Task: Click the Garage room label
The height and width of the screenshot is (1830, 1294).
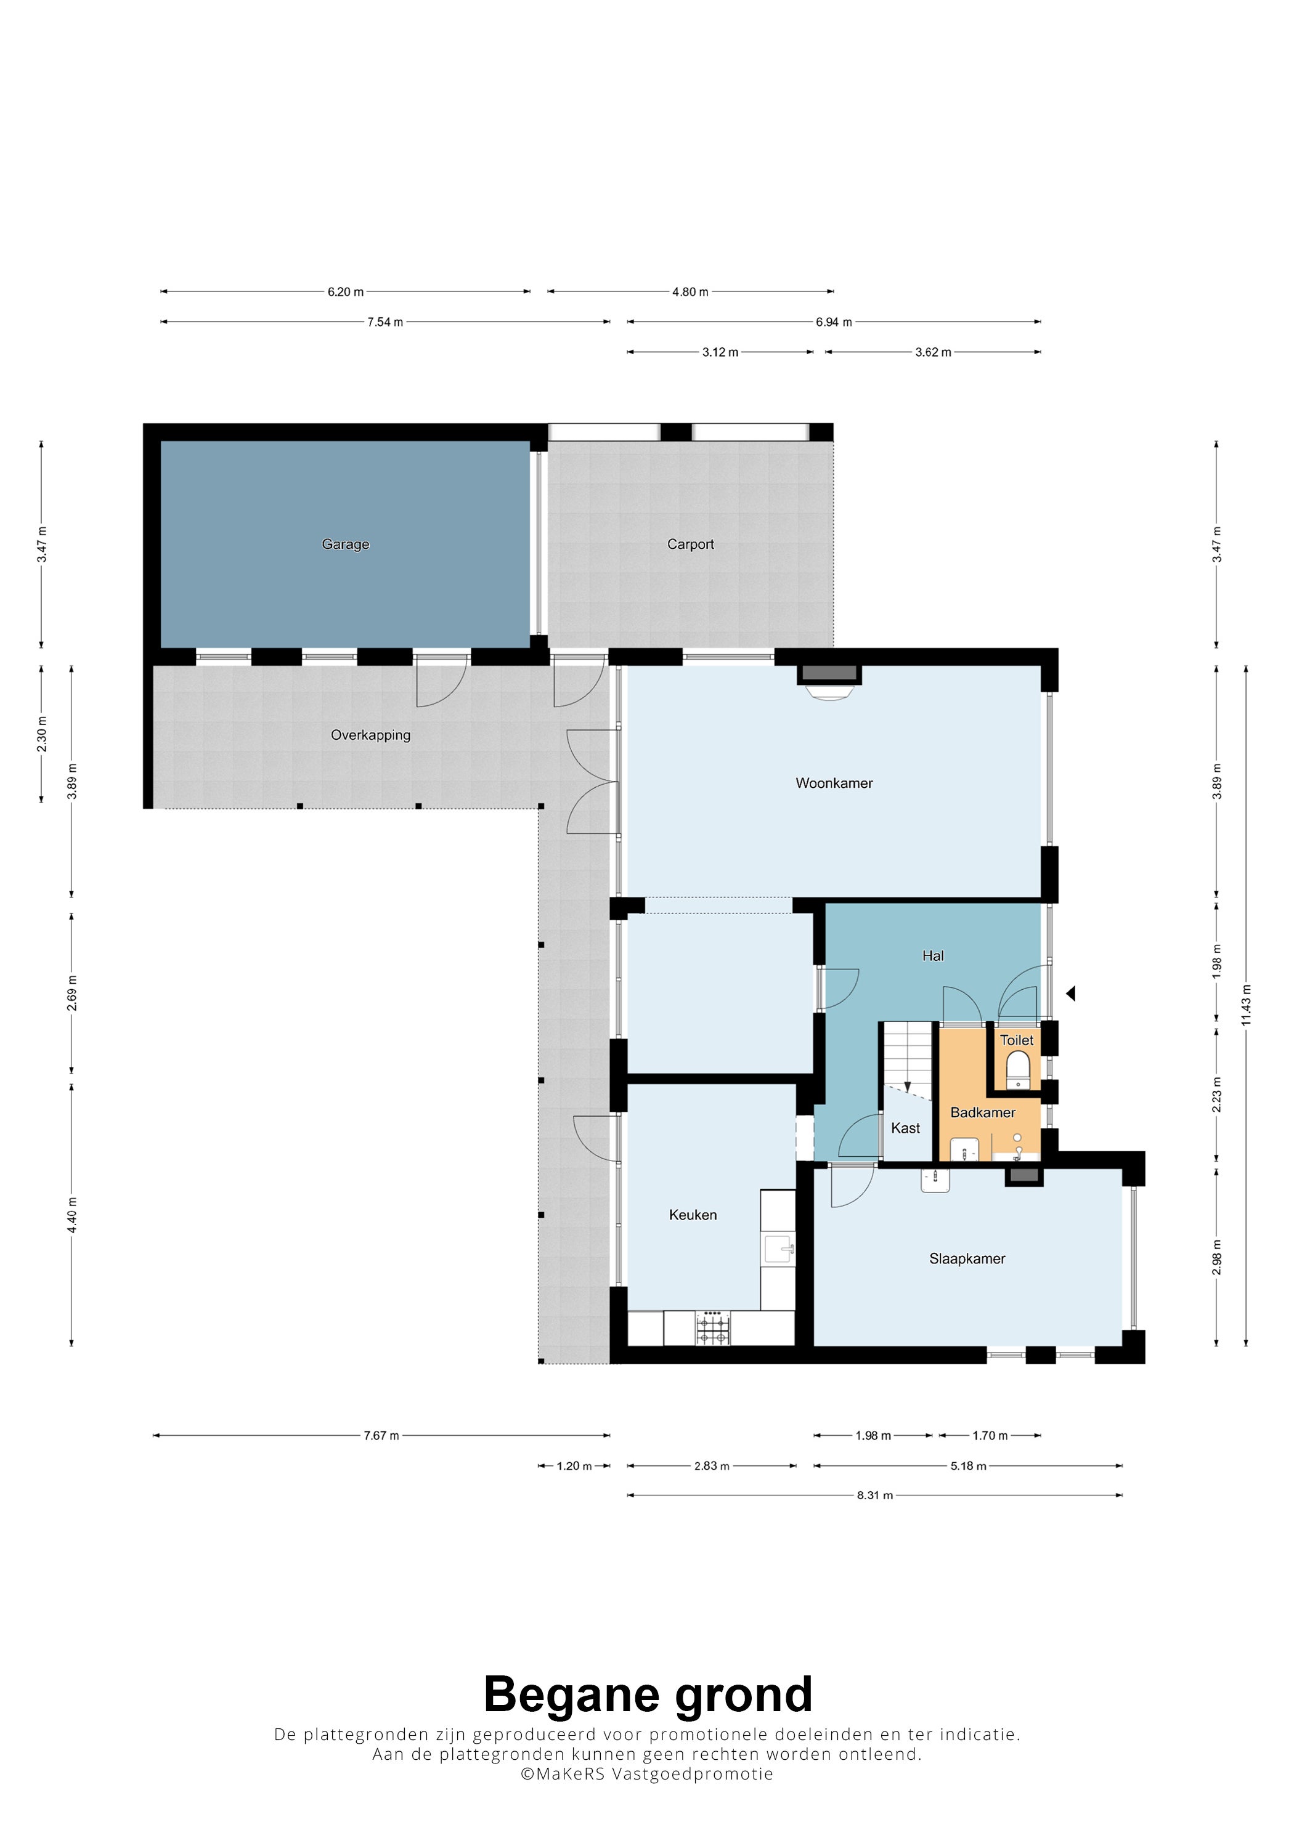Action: [x=345, y=545]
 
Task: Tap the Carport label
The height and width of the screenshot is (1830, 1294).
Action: [x=691, y=545]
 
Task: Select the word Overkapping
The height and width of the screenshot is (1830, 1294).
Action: [x=371, y=735]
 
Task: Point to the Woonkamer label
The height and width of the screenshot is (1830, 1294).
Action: [x=834, y=783]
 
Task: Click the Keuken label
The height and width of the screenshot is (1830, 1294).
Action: [x=693, y=1215]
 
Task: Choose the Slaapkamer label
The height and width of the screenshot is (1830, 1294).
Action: [x=967, y=1258]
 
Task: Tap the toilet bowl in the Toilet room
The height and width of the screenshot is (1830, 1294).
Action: [x=1017, y=1069]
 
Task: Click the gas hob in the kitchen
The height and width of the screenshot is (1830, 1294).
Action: [x=713, y=1328]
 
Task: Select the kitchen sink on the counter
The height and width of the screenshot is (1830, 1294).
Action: [x=779, y=1249]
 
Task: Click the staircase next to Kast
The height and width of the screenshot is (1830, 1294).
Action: [x=906, y=1056]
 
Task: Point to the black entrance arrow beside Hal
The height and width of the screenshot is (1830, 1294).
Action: [x=1071, y=993]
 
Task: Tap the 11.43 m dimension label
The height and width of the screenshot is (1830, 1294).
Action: [x=1246, y=1005]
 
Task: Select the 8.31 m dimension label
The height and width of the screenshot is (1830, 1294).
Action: [x=874, y=1496]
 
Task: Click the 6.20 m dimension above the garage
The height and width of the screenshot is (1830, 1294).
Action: [x=345, y=292]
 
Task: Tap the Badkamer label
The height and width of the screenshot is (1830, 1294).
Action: [x=982, y=1112]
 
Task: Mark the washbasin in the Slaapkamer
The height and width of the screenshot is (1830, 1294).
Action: [x=935, y=1180]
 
